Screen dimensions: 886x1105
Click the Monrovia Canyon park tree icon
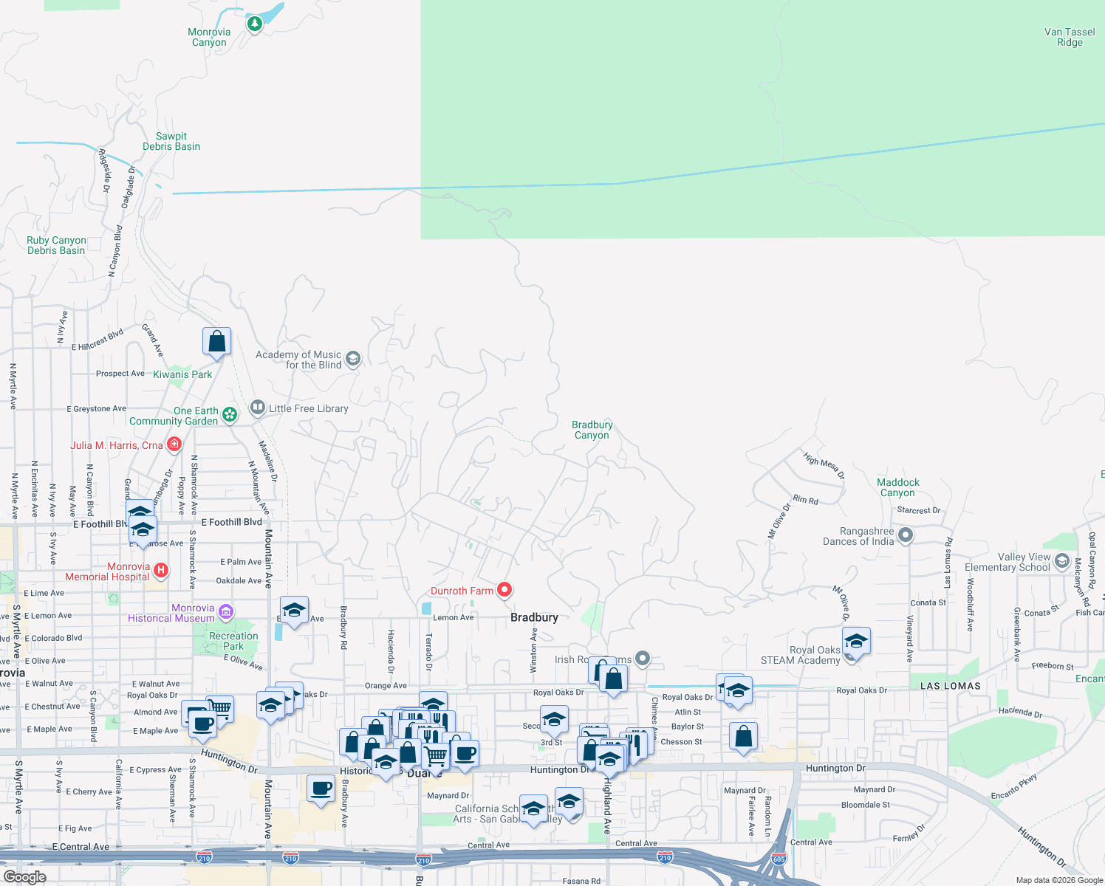pyautogui.click(x=255, y=24)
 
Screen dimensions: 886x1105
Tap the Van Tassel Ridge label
pyautogui.click(x=1070, y=37)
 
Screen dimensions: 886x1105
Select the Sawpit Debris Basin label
pyautogui.click(x=171, y=141)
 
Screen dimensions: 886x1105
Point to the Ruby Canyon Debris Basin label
pyautogui.click(x=56, y=245)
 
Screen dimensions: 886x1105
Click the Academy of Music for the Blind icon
pyautogui.click(x=353, y=359)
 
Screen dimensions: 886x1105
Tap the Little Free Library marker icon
pyautogui.click(x=257, y=407)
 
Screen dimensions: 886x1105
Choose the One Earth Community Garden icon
pyautogui.click(x=230, y=415)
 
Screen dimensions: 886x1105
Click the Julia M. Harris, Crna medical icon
pyautogui.click(x=174, y=444)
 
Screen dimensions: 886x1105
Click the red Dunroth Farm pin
pyautogui.click(x=504, y=589)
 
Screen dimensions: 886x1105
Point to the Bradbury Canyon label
pyautogui.click(x=592, y=430)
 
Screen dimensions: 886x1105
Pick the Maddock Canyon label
pyautogui.click(x=897, y=487)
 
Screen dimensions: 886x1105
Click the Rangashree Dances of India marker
pyautogui.click(x=906, y=535)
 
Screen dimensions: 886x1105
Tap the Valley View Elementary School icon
pyautogui.click(x=1062, y=561)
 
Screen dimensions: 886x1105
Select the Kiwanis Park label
pyautogui.click(x=182, y=374)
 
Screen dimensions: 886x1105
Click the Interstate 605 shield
pyautogui.click(x=779, y=859)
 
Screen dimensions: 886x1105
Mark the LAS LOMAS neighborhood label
pyautogui.click(x=950, y=686)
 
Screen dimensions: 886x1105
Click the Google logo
pyautogui.click(x=24, y=876)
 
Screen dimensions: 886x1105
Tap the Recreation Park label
pyautogui.click(x=233, y=641)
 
